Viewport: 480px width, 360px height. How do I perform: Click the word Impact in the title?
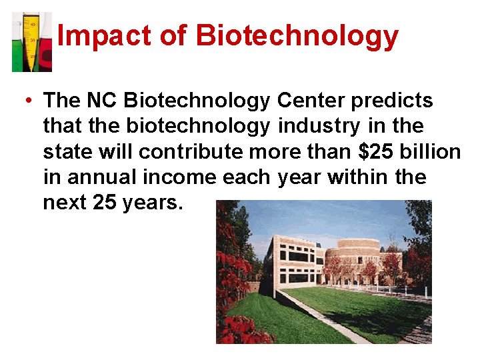pyautogui.click(x=91, y=36)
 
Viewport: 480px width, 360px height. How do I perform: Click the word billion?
pyautogui.click(x=431, y=151)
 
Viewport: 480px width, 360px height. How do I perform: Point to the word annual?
pyautogui.click(x=93, y=177)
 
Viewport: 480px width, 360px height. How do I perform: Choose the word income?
pyautogui.click(x=175, y=177)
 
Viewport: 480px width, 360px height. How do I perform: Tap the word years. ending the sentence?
pyautogui.click(x=152, y=202)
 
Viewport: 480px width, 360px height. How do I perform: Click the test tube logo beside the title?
pyautogui.click(x=31, y=41)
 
